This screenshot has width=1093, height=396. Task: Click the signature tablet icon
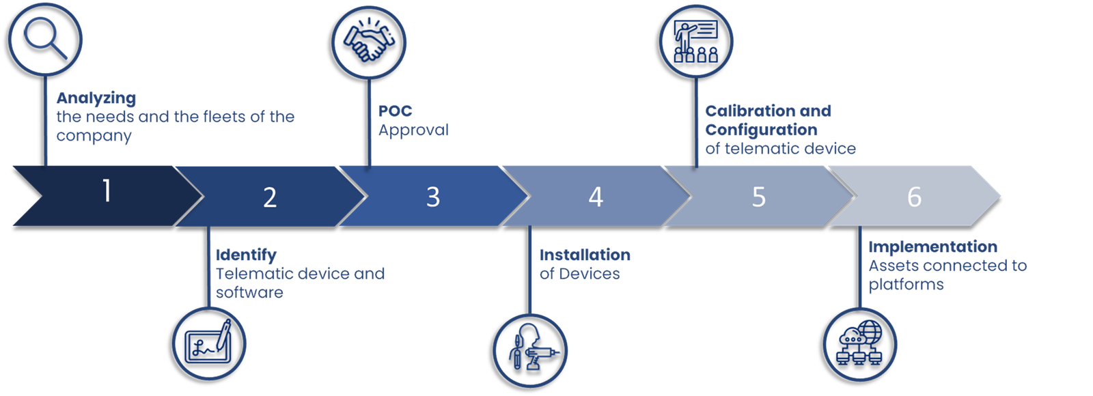[x=210, y=343]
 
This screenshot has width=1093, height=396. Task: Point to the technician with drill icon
[x=531, y=350]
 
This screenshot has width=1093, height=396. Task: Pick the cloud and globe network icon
[x=859, y=343]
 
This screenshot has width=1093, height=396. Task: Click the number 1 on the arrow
[x=107, y=190]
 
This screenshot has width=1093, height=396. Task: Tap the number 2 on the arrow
[x=270, y=197]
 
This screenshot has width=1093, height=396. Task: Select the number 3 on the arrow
[x=432, y=197]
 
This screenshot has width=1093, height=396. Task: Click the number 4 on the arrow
[x=596, y=197]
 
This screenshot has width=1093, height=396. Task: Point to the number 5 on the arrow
[x=758, y=197]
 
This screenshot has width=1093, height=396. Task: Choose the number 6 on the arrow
[x=914, y=197]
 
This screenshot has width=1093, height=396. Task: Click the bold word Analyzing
[x=96, y=99]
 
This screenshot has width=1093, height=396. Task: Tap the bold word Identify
[x=246, y=255]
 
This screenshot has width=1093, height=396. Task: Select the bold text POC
[x=395, y=111]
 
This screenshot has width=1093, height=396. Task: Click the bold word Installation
[x=585, y=255]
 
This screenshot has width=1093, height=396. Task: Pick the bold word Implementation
[x=932, y=247]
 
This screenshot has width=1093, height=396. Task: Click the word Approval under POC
[x=413, y=130]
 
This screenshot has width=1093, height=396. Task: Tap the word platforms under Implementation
[x=906, y=285]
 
